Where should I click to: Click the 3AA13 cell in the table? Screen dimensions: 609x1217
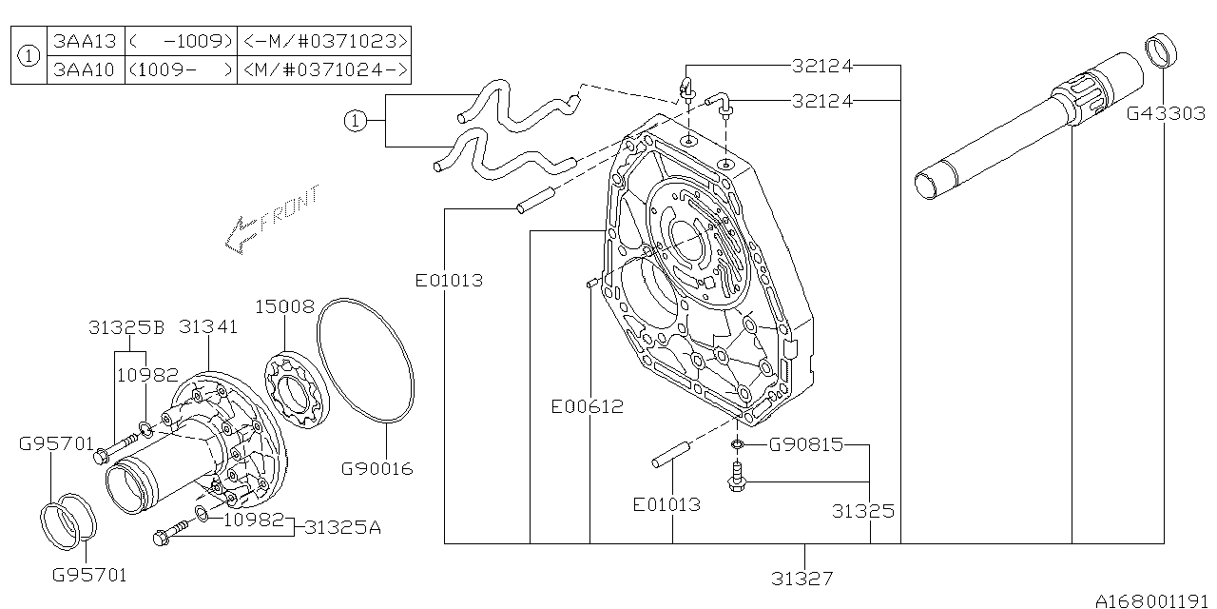pos(86,41)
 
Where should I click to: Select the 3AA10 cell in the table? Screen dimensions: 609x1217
pos(86,69)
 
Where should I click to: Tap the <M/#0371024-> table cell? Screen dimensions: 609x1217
pos(324,69)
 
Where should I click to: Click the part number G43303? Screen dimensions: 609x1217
pos(1167,114)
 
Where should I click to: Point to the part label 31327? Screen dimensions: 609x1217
pos(803,577)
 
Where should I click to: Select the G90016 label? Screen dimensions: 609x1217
pos(377,468)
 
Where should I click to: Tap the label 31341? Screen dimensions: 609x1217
pos(206,327)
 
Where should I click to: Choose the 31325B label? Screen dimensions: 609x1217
pos(126,327)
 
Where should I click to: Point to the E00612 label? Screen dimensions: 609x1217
pos(588,407)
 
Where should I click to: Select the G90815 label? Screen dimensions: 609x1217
pos(805,444)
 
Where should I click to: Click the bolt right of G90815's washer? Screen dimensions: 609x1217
pos(738,479)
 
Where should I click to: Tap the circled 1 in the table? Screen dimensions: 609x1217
pos(29,55)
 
